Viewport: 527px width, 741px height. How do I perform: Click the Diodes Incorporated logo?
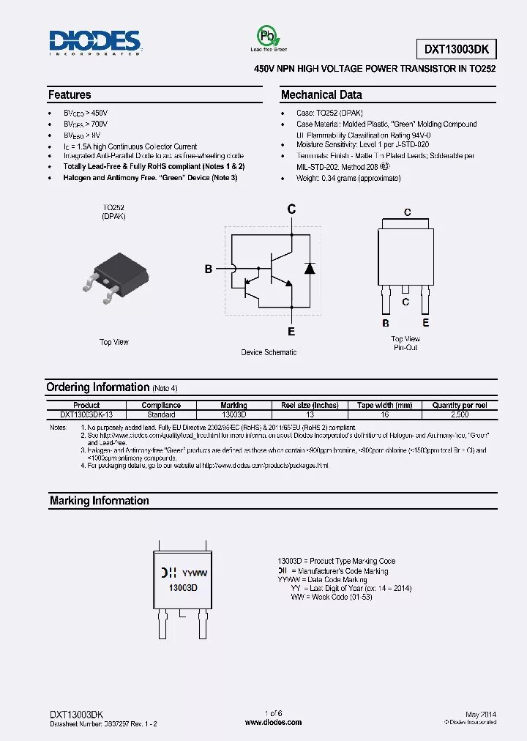click(x=95, y=42)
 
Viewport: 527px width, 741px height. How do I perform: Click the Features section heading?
click(x=70, y=95)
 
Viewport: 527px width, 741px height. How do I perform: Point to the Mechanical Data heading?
click(x=321, y=95)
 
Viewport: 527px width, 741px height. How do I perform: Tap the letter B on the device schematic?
click(x=209, y=269)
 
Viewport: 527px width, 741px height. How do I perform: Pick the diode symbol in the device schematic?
click(x=309, y=267)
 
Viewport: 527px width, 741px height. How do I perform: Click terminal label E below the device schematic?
click(x=291, y=332)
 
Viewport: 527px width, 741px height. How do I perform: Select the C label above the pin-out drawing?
click(x=408, y=213)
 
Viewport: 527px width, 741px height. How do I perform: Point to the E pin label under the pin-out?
click(x=425, y=323)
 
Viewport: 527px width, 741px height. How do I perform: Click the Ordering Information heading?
click(x=97, y=387)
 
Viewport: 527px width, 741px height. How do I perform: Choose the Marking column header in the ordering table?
click(x=233, y=405)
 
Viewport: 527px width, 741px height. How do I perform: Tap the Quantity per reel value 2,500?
click(x=460, y=414)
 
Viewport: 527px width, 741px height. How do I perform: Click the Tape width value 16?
click(x=384, y=414)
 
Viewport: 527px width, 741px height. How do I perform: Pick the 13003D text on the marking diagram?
click(x=184, y=588)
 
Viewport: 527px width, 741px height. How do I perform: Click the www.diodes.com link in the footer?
click(x=273, y=723)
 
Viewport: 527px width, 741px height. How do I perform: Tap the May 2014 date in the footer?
click(x=480, y=714)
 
